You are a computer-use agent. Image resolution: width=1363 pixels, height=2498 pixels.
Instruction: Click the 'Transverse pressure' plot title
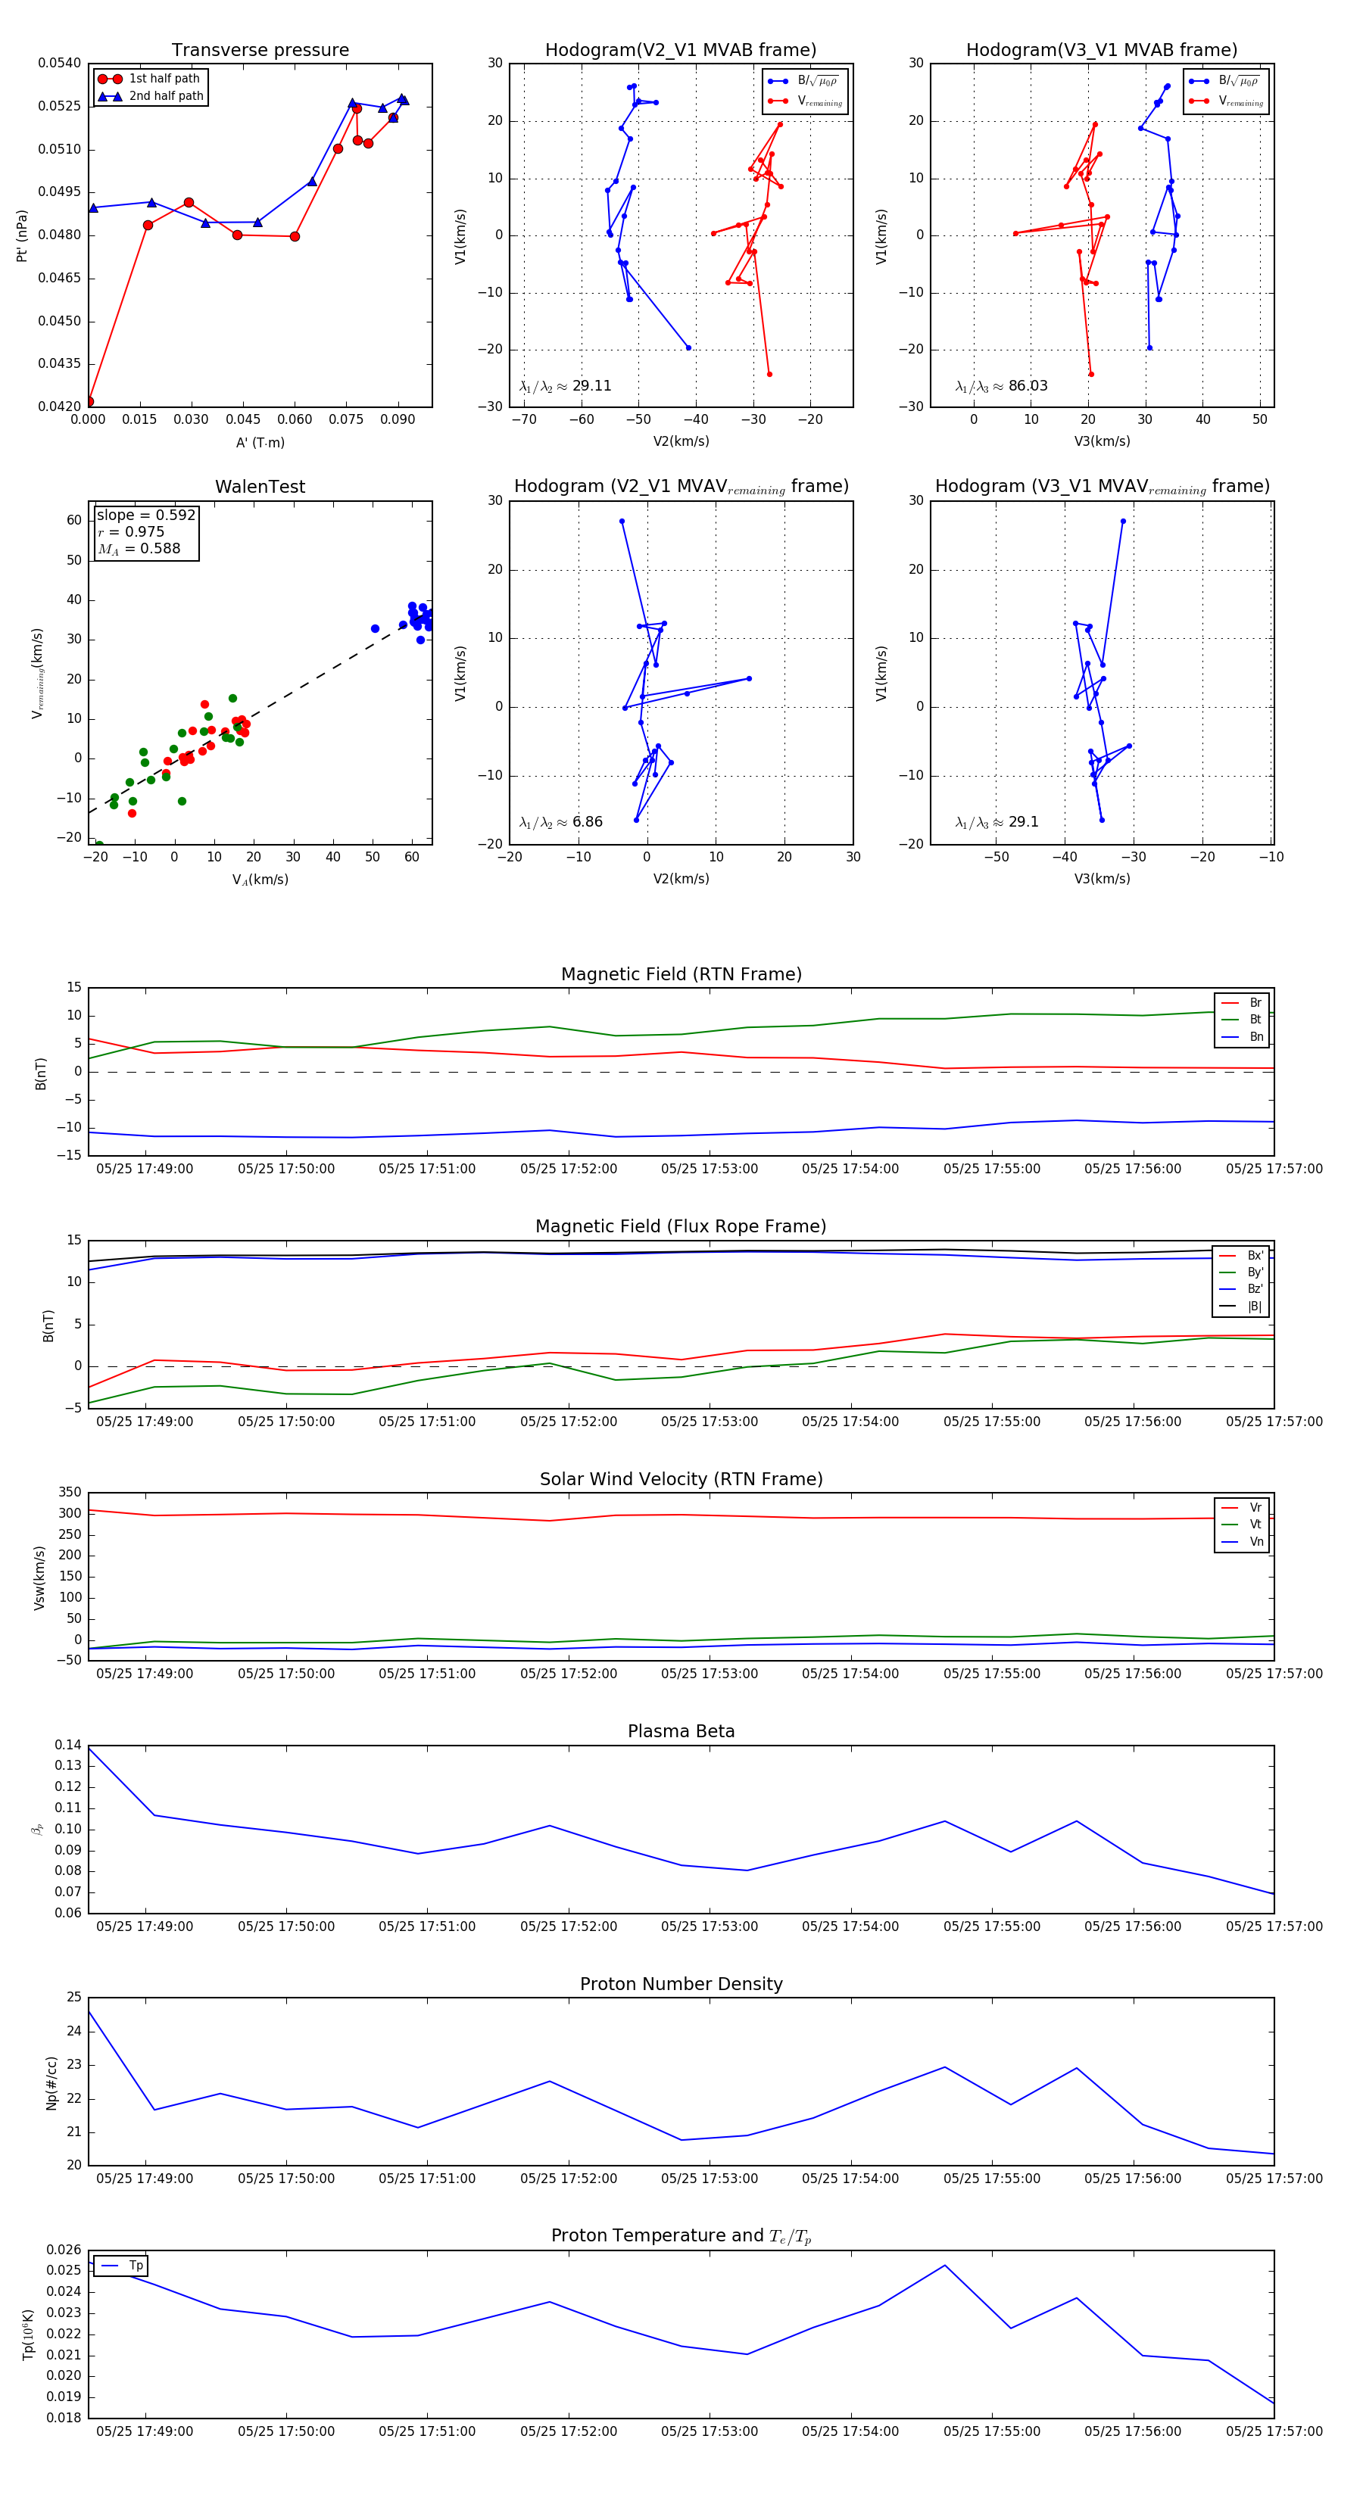point(260,51)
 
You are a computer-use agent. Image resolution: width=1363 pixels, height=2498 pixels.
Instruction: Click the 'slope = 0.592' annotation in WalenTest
point(145,515)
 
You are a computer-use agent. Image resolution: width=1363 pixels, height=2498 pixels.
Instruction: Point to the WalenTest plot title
point(260,487)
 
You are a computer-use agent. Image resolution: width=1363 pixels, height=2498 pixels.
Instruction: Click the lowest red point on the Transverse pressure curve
point(89,401)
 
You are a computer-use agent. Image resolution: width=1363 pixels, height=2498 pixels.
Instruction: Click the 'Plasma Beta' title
point(681,1732)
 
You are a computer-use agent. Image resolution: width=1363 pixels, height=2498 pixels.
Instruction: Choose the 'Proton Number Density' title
point(681,1984)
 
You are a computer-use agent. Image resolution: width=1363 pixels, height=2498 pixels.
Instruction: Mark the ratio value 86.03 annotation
point(1028,386)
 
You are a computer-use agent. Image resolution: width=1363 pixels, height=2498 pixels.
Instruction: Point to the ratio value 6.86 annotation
point(587,822)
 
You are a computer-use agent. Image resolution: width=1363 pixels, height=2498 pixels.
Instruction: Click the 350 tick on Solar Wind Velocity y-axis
point(70,1493)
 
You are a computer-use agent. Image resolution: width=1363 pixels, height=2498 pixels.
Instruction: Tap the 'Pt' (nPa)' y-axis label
point(21,235)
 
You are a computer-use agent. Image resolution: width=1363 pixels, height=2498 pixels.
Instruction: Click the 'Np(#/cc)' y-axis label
point(51,2083)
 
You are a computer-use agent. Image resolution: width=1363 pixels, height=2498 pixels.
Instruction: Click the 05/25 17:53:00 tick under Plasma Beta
point(710,1926)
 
